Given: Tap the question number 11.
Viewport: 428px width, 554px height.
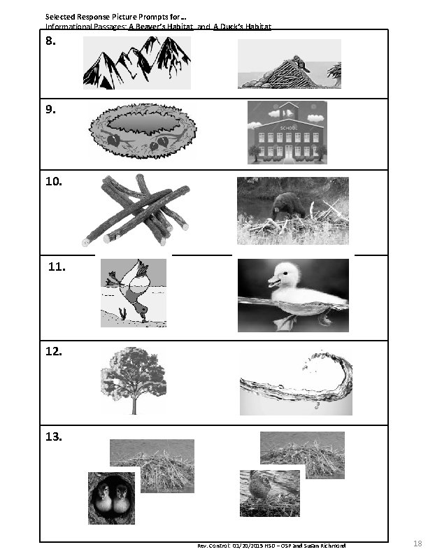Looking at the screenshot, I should (x=57, y=267).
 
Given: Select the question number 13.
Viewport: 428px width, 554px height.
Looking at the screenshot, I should (x=54, y=437).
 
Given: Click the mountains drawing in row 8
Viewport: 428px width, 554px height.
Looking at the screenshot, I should (x=136, y=63).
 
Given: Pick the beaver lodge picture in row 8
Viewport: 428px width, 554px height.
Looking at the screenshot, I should (x=289, y=64).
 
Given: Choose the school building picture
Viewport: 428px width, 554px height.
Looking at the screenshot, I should (x=287, y=133).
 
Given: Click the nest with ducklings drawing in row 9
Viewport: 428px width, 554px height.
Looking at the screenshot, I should (x=142, y=131).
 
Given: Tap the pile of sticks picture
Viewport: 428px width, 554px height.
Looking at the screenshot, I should (x=136, y=209).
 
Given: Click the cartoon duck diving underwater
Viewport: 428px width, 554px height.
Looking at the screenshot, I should (x=134, y=292).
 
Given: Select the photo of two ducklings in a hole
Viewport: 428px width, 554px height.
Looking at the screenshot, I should (x=111, y=497).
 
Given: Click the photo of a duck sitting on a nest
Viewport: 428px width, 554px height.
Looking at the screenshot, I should (x=269, y=492).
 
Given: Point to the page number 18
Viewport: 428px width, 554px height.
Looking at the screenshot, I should (x=418, y=544).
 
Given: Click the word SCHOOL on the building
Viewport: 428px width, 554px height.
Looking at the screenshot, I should (x=287, y=129).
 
